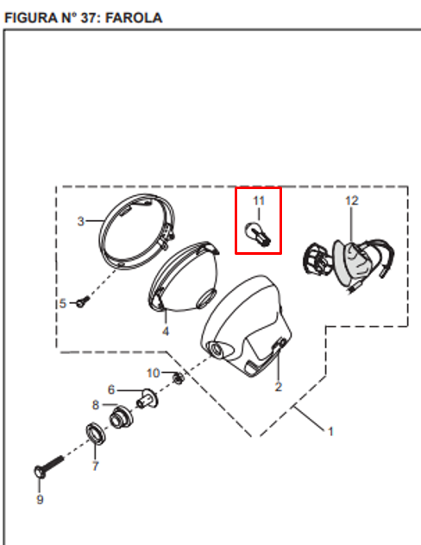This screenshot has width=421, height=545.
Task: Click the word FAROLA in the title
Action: [x=134, y=18]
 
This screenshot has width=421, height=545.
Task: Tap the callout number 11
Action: [x=259, y=200]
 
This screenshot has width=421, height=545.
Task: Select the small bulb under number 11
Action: [x=259, y=235]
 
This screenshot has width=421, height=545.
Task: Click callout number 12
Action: [x=352, y=200]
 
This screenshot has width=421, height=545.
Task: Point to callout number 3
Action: [x=80, y=221]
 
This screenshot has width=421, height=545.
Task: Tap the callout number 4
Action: [x=166, y=332]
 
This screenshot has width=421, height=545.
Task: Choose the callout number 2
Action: [x=279, y=386]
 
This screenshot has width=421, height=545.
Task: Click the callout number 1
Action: [x=330, y=432]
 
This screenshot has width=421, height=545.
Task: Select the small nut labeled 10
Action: [x=178, y=377]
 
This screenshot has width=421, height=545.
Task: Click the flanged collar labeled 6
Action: [x=148, y=398]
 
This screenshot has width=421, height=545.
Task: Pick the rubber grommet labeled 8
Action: [x=121, y=417]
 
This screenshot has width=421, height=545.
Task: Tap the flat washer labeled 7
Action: [x=96, y=434]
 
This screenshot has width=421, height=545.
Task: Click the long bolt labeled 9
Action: [x=49, y=466]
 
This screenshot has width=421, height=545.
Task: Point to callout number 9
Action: [x=40, y=499]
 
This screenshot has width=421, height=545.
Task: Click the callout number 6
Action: [x=111, y=390]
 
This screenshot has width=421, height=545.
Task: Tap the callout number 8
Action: [x=96, y=405]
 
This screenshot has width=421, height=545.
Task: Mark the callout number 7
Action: [x=96, y=466]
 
